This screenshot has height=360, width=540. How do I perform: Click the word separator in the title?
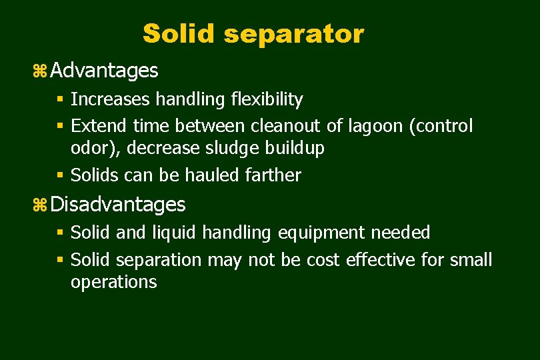pos(294,33)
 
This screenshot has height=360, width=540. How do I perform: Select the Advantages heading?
pos(104,70)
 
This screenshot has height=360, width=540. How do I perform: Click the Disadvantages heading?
pos(118,204)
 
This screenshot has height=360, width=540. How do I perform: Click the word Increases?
pos(111,100)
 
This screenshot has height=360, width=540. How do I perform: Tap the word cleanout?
pos(286,125)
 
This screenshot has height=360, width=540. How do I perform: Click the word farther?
pos(273,175)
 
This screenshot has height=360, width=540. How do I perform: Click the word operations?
pos(114,282)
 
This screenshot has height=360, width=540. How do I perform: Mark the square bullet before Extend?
pos(60,125)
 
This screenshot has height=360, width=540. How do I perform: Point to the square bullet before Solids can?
pos(60,175)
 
